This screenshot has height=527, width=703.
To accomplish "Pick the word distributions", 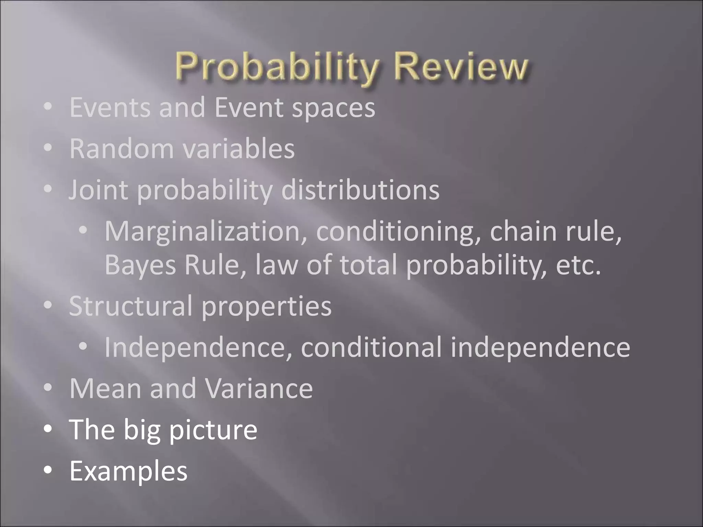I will (360, 190).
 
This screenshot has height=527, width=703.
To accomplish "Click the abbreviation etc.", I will (578, 265).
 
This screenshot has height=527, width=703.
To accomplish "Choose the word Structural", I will (130, 306).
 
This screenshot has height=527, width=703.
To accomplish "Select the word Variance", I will (259, 388).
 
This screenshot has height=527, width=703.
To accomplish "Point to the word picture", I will (213, 430).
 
